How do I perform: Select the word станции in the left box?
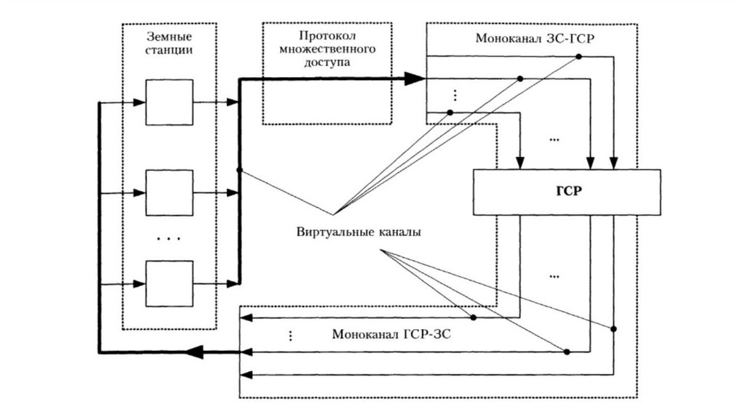point(170,51)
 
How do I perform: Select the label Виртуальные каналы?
point(359,233)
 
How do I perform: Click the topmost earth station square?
point(170,102)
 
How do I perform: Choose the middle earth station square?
point(170,193)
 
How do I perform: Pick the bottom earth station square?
point(170,283)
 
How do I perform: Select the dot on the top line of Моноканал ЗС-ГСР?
point(578,57)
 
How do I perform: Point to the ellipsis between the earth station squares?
point(169,238)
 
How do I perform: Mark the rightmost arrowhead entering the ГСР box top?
point(615,163)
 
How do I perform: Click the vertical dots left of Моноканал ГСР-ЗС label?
point(290,336)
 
